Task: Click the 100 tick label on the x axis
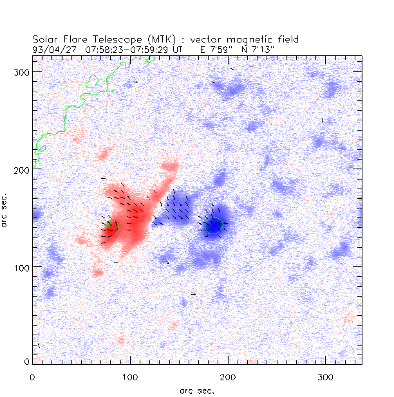130,376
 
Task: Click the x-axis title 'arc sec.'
197,390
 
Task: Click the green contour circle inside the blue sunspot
214,225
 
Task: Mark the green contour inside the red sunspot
112,228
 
